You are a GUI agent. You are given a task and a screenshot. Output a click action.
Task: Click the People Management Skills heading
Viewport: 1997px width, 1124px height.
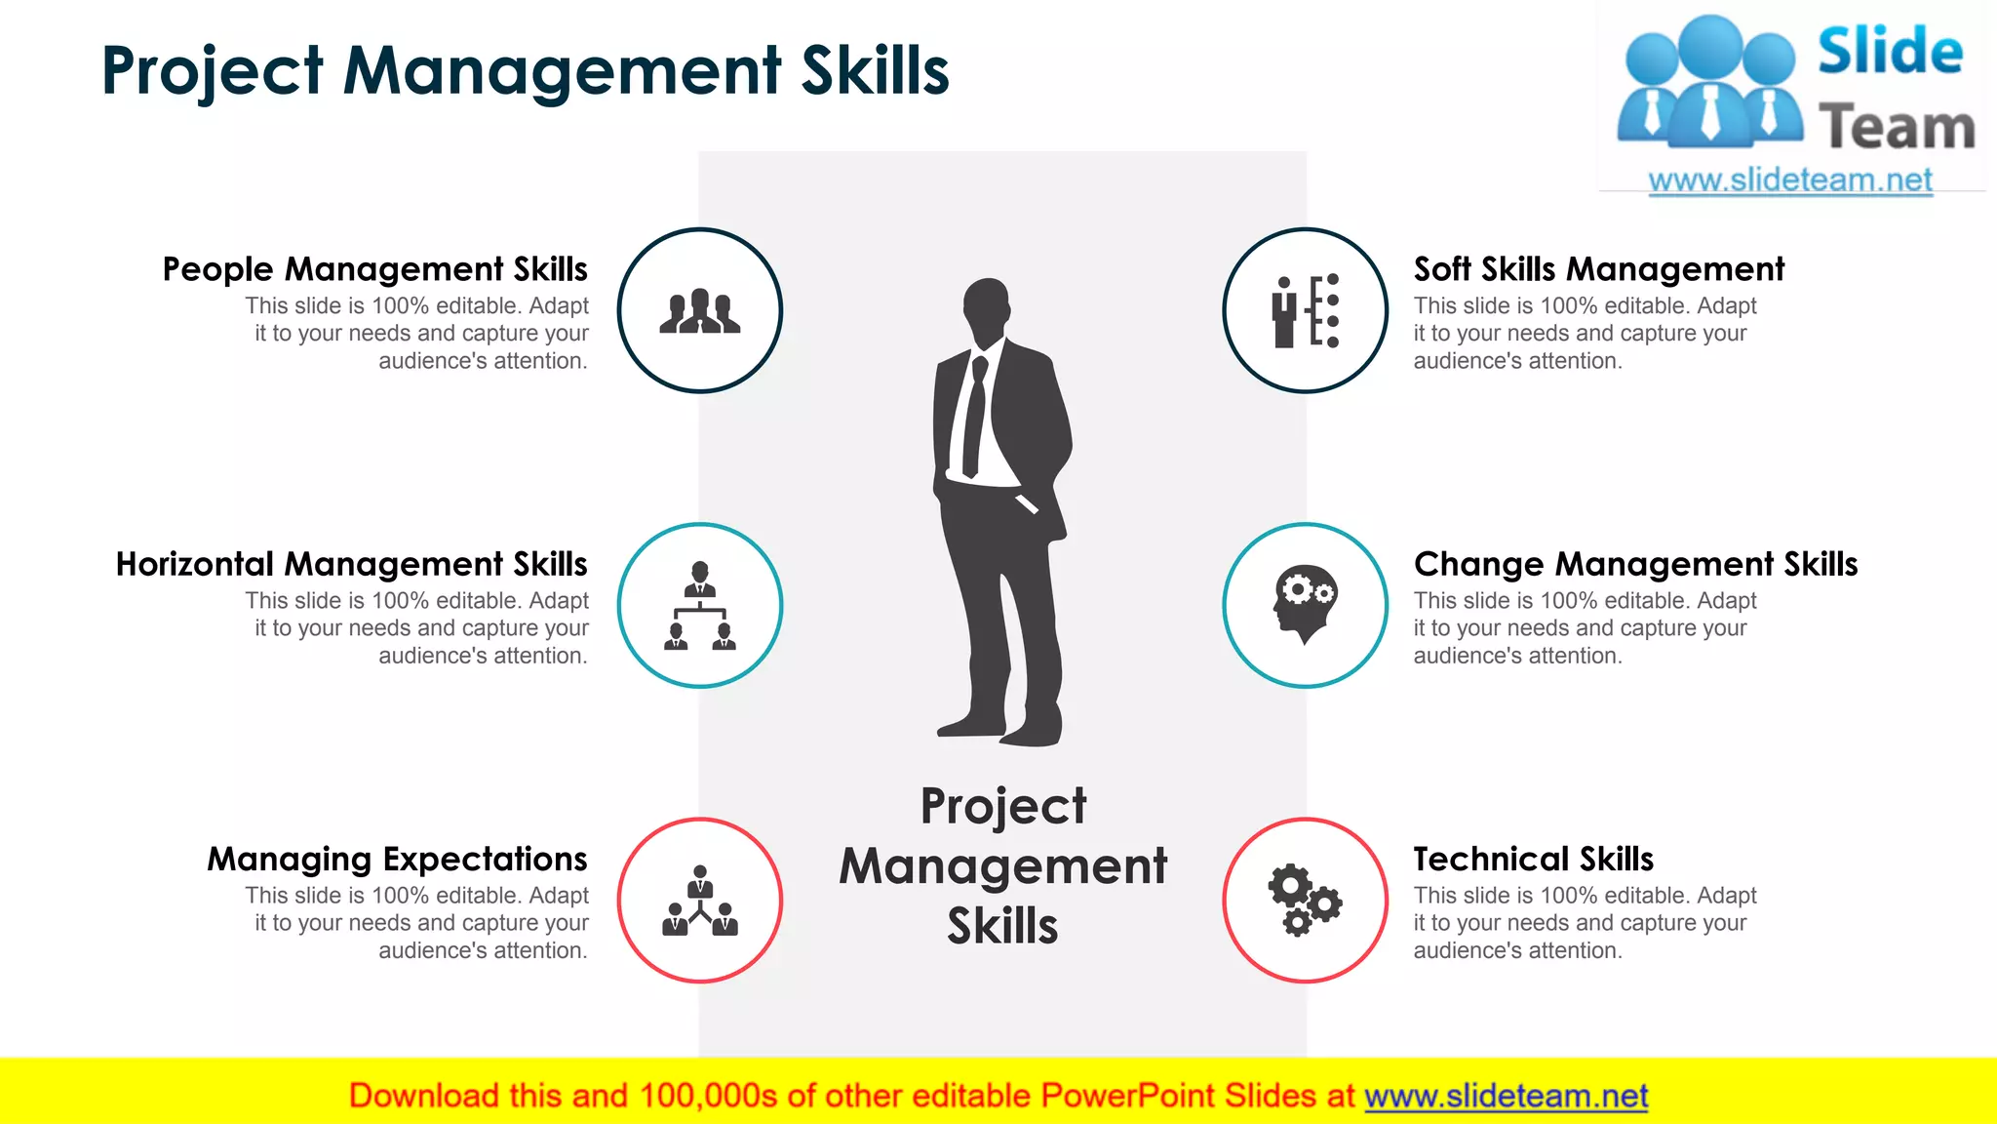pos(375,269)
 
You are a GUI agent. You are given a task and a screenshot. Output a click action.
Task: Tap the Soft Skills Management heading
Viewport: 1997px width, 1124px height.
pos(1598,269)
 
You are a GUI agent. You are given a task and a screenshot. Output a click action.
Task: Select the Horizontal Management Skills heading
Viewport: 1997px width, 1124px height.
pos(352,564)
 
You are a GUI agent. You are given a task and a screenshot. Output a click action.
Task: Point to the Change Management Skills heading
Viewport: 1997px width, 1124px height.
pos(1635,564)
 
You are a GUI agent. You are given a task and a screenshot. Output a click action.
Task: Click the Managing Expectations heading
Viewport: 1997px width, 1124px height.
pos(397,859)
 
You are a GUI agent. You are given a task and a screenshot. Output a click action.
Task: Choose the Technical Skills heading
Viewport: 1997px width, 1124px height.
pos(1534,859)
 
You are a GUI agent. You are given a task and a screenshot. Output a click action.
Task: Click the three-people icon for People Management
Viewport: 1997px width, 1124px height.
pos(700,311)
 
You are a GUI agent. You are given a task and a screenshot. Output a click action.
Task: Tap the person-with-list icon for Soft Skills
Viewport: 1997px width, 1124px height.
pos(1305,311)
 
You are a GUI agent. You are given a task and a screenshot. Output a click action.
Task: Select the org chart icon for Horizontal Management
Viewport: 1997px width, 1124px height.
pos(700,606)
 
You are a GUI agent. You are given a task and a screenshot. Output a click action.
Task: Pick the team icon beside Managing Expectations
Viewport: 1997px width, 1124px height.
pos(700,901)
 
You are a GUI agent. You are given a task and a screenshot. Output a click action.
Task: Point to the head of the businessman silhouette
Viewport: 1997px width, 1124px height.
pos(986,306)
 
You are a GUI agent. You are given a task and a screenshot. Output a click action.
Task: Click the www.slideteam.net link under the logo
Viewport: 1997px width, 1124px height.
pos(1790,181)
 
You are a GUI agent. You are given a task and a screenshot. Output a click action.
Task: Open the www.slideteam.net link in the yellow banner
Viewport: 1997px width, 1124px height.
pos(1506,1097)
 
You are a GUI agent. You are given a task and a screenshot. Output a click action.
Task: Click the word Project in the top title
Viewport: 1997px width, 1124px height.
pos(213,71)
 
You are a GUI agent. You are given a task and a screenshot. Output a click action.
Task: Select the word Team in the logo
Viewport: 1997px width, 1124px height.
pos(1896,128)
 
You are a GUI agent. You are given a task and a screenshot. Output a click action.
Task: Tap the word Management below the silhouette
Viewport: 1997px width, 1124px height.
pos(1002,866)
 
